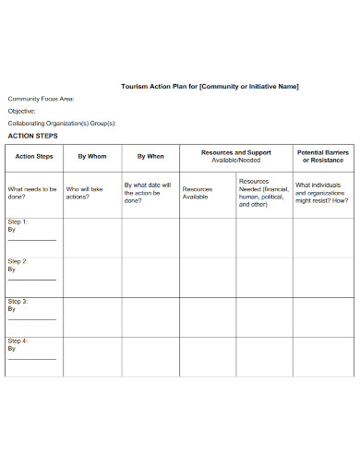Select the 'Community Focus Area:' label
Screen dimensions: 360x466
[x=42, y=98]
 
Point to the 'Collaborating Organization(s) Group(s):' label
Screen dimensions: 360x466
[x=62, y=123]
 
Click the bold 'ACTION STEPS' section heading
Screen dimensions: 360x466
[x=32, y=136]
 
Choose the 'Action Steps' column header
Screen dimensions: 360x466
[x=34, y=157]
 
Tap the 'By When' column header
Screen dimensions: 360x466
[x=150, y=157]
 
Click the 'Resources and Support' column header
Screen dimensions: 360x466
[x=236, y=152]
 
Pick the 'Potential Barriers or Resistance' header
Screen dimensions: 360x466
[x=323, y=156]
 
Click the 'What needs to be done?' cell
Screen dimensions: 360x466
[x=32, y=193]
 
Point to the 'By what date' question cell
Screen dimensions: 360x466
[x=148, y=192]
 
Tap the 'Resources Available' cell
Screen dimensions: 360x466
[x=197, y=193]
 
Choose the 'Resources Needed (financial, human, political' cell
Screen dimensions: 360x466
[x=264, y=193]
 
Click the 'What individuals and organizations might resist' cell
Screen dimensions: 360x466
[x=323, y=193]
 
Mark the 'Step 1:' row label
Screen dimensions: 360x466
[x=18, y=222]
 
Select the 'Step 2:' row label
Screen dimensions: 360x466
[x=18, y=262]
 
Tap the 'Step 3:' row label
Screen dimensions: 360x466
[x=18, y=302]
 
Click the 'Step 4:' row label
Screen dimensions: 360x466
[x=18, y=341]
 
